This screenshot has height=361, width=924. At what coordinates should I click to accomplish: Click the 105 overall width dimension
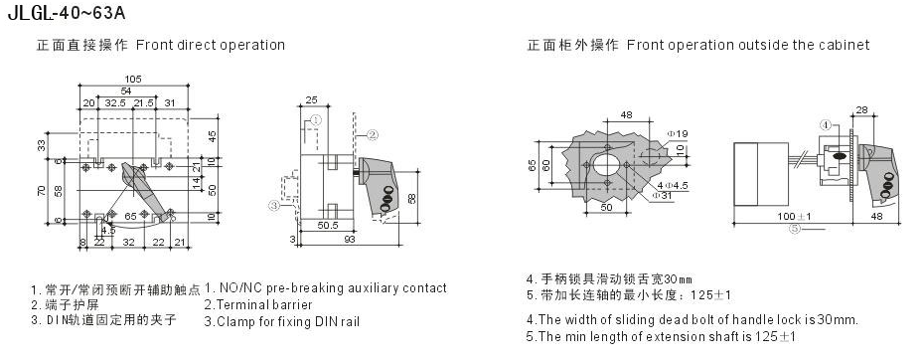[x=133, y=79]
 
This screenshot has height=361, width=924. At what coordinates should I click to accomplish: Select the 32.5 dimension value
[x=116, y=102]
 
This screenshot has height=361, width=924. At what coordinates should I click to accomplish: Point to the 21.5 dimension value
[x=143, y=102]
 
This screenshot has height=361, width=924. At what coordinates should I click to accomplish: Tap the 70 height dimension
[x=42, y=191]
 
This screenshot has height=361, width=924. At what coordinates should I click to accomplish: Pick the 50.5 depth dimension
[x=327, y=225]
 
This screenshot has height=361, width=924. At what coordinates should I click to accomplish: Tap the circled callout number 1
[x=315, y=119]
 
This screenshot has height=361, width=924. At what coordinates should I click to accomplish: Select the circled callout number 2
[x=373, y=135]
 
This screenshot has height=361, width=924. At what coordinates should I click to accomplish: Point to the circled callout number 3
[x=273, y=206]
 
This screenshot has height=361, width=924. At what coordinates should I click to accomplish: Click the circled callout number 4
[x=827, y=125]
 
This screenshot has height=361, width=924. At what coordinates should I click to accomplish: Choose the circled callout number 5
[x=796, y=229]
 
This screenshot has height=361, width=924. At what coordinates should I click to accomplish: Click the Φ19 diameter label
[x=678, y=134]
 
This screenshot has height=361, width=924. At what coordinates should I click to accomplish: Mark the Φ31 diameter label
[x=662, y=195]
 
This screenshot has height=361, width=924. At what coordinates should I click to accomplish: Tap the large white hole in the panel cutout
[x=607, y=163]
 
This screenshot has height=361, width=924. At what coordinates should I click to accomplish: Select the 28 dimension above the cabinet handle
[x=861, y=109]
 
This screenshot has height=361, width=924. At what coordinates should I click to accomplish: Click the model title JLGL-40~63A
[x=67, y=13]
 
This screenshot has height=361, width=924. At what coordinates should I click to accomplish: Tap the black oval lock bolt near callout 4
[x=839, y=156]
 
